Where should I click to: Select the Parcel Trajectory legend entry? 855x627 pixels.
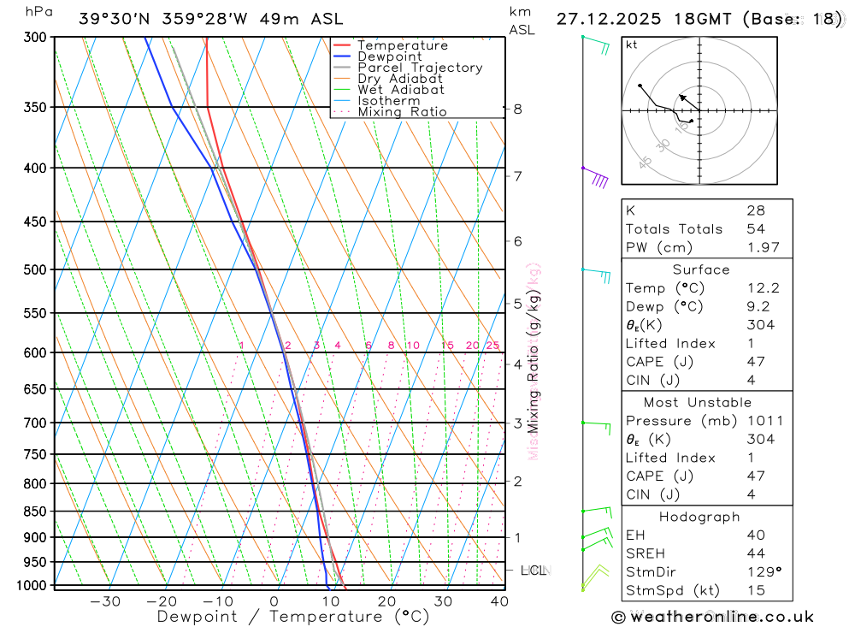point(419,68)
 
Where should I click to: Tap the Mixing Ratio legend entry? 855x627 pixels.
point(402,112)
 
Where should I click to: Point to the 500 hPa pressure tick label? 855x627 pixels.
point(33,269)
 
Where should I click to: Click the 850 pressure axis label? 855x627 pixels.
point(33,512)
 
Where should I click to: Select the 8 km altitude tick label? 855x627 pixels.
point(517,109)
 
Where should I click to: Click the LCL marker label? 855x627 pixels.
point(533,570)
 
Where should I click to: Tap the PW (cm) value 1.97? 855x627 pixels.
point(763,247)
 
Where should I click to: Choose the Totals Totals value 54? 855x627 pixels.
point(755,228)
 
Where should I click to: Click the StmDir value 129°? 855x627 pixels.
point(763,571)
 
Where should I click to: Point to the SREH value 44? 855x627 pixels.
point(755,553)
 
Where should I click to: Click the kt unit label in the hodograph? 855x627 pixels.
point(631,44)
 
